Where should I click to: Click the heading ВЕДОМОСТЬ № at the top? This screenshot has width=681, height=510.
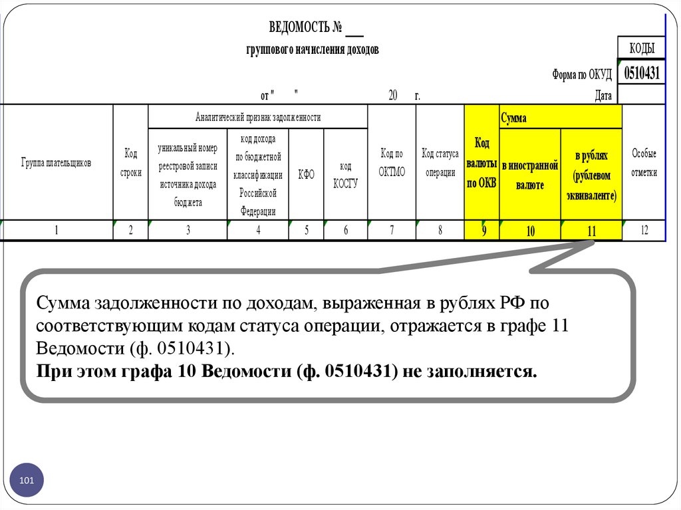click(x=307, y=28)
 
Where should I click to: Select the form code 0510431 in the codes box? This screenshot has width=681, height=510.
click(x=642, y=72)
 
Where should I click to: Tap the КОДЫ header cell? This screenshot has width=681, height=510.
click(x=642, y=48)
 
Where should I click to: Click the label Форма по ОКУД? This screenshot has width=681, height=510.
click(x=581, y=74)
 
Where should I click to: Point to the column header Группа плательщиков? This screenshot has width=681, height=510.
click(x=56, y=162)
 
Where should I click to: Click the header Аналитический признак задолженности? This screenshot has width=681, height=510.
click(x=258, y=117)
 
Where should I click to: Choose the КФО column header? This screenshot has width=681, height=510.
click(x=307, y=174)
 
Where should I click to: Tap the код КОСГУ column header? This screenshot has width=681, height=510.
click(x=346, y=174)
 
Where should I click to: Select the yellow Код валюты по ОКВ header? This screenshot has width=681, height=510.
click(x=481, y=163)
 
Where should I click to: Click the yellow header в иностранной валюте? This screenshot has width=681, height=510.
click(x=530, y=175)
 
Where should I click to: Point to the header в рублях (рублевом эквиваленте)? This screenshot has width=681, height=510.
click(x=592, y=175)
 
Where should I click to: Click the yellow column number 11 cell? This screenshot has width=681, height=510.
click(x=592, y=231)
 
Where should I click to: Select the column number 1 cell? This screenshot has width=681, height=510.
click(x=57, y=231)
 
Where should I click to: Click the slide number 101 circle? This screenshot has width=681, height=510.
click(x=27, y=480)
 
